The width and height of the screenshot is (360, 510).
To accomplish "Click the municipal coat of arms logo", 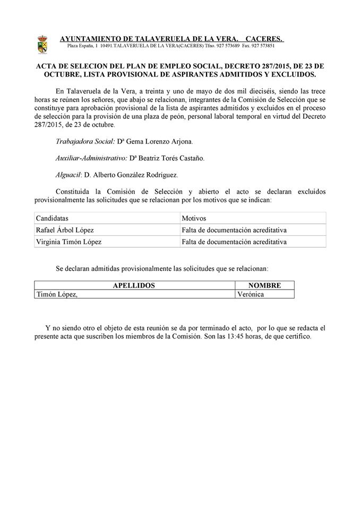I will pyautogui.click(x=41, y=44).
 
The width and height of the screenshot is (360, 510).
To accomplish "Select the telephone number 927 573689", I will pyautogui.click(x=227, y=46).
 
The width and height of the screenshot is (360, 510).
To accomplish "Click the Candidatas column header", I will pyautogui.click(x=52, y=218).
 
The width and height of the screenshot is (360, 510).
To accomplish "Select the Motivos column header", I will pyautogui.click(x=194, y=218).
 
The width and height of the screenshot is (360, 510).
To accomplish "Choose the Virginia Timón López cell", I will pyautogui.click(x=68, y=242).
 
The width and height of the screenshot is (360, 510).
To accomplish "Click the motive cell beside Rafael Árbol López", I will pyautogui.click(x=234, y=230).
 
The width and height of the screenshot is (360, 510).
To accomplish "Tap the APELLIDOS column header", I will pyautogui.click(x=134, y=285).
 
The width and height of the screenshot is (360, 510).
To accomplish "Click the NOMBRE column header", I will pyautogui.click(x=264, y=285).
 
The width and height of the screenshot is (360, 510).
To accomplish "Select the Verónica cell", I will pyautogui.click(x=251, y=294).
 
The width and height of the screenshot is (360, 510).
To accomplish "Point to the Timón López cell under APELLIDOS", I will pyautogui.click(x=56, y=294).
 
